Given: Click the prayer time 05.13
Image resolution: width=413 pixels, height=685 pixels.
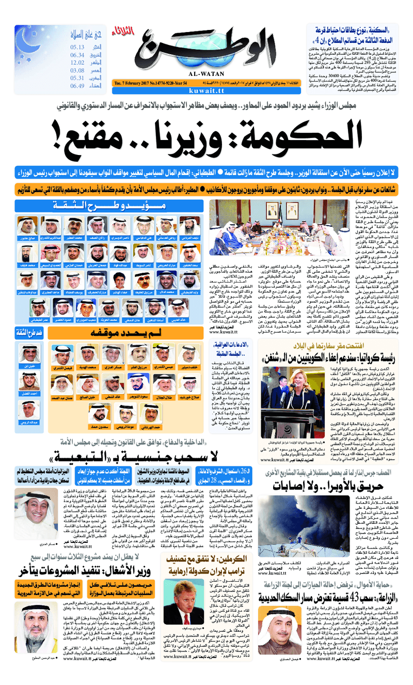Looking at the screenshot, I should point(77,47).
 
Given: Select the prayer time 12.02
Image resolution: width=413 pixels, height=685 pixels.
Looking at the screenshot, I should point(77,63).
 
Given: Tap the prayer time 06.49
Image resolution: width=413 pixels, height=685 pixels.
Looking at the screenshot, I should point(77,86).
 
